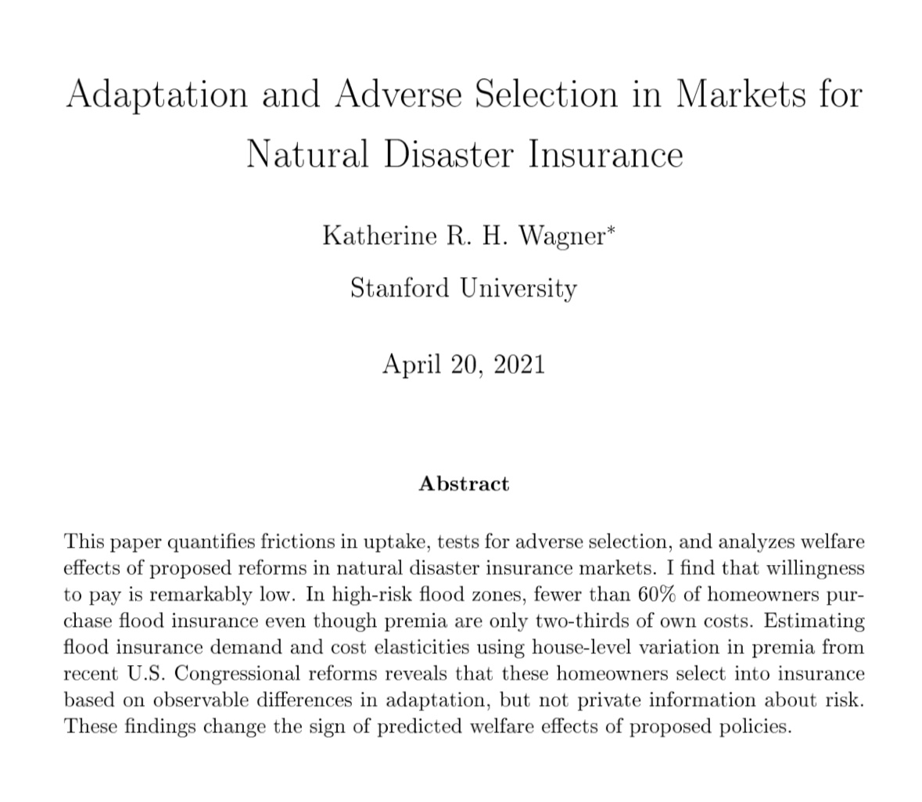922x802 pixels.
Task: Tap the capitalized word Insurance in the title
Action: (606, 153)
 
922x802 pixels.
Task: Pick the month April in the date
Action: (410, 365)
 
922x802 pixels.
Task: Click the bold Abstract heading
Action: (464, 484)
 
